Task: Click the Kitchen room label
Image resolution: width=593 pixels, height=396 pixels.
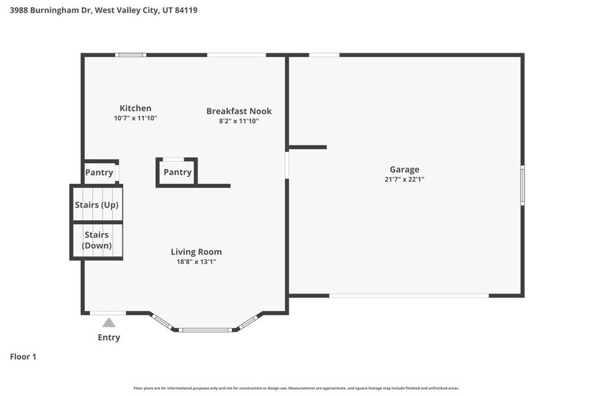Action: pos(135,108)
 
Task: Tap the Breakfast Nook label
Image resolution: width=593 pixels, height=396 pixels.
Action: pos(239,111)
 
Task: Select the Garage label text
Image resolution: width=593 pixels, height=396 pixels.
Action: pos(404,170)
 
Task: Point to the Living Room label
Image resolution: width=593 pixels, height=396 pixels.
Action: pos(196,252)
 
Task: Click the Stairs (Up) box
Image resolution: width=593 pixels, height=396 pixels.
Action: pos(97,205)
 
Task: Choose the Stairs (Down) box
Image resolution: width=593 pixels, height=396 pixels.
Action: pos(97,240)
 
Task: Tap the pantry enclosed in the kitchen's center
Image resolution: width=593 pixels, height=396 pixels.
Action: pos(177,172)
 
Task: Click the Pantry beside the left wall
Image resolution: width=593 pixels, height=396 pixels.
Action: pos(99,172)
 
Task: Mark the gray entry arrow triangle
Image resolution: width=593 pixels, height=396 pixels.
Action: pos(109,323)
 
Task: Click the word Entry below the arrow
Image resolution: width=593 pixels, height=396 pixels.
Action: pos(109,337)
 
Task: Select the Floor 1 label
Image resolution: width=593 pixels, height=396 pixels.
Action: pos(23,356)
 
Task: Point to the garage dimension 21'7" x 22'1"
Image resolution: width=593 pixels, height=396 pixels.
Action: pos(404,180)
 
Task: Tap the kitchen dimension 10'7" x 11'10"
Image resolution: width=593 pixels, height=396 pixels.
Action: pos(135,118)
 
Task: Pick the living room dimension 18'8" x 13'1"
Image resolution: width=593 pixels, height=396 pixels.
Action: pos(196,261)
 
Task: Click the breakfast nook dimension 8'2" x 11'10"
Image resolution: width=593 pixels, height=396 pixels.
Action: pos(239,121)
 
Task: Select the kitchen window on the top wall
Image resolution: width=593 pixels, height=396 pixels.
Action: pos(130,55)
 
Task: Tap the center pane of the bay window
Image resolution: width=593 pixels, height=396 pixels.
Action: pos(206,330)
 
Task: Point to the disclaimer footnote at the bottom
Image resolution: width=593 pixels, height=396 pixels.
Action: pos(296,389)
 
